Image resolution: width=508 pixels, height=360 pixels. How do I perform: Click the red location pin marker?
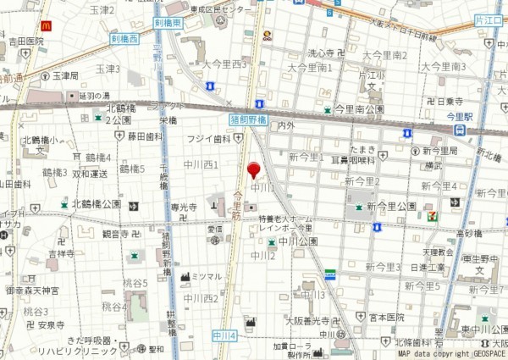pos(253,169)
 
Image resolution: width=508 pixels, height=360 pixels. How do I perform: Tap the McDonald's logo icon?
pos(46,26)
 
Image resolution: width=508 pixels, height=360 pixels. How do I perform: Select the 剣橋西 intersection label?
pos(124,39)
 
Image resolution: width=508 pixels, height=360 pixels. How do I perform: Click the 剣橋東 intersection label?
pos(168,24)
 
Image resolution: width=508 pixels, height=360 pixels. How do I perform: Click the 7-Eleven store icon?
pos(433,216)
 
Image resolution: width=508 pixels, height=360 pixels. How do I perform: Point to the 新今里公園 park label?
pos(395,206)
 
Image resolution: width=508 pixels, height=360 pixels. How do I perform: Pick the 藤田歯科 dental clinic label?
pos(145,136)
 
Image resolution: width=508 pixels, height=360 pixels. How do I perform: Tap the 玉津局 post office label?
pos(65,75)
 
